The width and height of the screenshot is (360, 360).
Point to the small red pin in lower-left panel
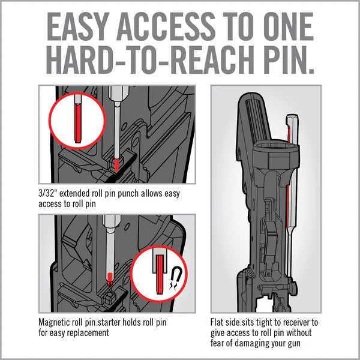(x=109, y=278)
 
